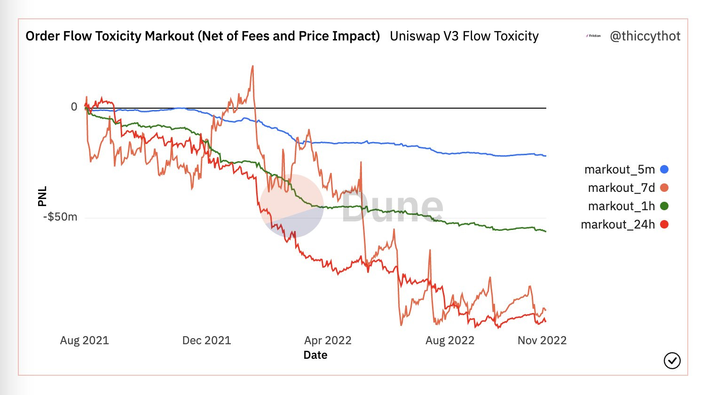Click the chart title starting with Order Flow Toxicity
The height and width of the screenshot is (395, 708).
coord(202,36)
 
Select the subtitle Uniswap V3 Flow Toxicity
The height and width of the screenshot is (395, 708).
coord(464,36)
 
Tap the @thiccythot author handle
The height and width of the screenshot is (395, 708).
coord(645,36)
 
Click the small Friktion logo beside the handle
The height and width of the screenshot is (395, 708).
coord(593,36)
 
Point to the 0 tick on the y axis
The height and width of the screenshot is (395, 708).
coord(74,107)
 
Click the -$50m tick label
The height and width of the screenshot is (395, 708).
coord(60,217)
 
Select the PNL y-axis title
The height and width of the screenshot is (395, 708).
coord(42,197)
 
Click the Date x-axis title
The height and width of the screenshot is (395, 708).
coord(315,355)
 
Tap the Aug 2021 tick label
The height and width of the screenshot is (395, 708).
coord(85,340)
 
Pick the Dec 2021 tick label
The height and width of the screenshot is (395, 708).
coord(206,340)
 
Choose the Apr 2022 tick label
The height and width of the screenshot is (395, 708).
coord(328,340)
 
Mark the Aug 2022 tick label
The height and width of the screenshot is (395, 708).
coord(450,340)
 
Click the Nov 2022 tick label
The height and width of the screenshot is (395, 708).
coord(542,340)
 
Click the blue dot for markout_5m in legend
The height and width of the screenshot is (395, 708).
coord(664,169)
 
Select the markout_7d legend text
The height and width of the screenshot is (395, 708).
coord(621,188)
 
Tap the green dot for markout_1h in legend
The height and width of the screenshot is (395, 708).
coord(664,206)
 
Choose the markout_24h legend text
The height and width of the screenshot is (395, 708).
coord(618,224)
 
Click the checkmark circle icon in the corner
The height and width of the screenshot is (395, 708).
coord(672,361)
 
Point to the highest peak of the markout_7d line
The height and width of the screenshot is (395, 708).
coord(252,66)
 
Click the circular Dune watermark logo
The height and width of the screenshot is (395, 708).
coord(292,205)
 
